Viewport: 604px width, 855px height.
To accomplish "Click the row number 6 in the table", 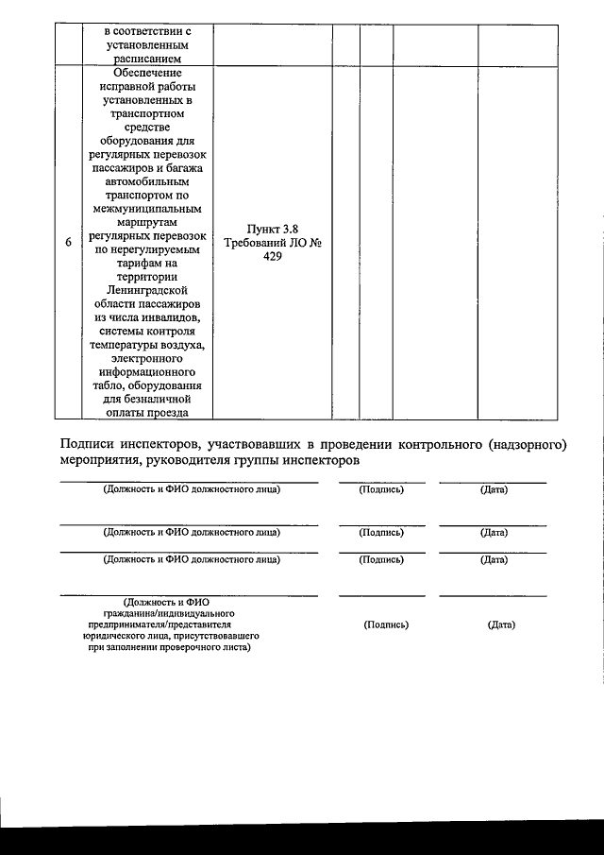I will point(68,243).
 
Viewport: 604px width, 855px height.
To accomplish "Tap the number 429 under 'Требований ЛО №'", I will point(272,256).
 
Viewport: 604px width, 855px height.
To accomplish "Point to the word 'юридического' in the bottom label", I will point(116,636).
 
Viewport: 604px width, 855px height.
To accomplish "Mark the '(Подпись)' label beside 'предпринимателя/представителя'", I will point(385,624).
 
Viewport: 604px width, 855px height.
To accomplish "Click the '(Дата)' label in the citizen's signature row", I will point(500,624).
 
